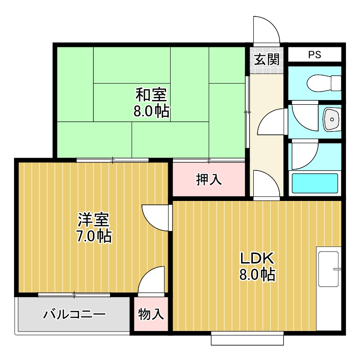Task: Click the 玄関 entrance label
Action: point(266,60)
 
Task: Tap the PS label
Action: point(314,54)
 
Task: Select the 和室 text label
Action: point(151,95)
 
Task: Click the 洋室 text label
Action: point(94,219)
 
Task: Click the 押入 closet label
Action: point(209,179)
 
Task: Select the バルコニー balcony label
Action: point(74,314)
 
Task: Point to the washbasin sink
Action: point(331,119)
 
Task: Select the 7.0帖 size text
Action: point(94,236)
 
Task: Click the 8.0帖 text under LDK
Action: point(257,275)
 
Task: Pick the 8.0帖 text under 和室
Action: point(151,112)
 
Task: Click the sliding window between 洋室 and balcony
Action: point(74,295)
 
